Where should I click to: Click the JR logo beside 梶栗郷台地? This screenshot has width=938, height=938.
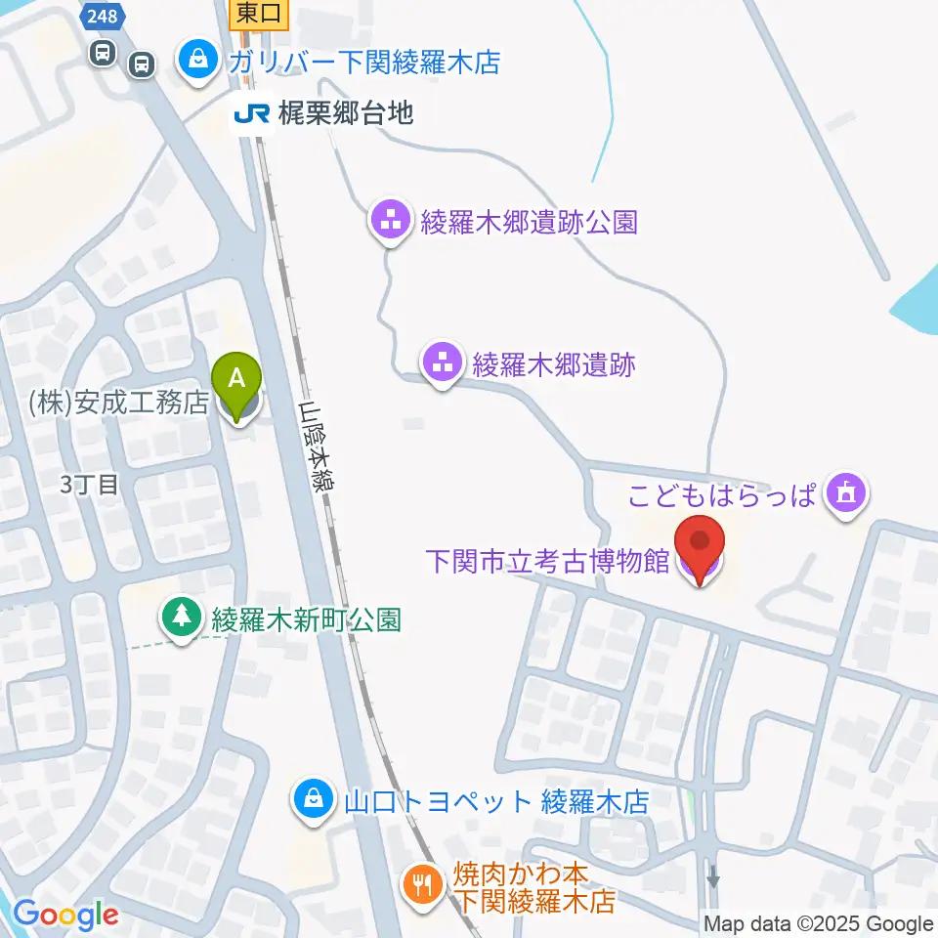pos(250,114)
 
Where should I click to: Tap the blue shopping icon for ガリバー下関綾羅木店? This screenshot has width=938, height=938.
pos(198,62)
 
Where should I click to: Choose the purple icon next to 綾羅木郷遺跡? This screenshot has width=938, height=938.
pos(443,363)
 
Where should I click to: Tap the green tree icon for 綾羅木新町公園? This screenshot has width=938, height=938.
pos(181,618)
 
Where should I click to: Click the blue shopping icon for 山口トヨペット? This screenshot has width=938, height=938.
pos(312,801)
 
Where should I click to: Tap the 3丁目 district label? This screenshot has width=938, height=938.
pos(88,484)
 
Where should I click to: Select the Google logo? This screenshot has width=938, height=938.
pos(65,915)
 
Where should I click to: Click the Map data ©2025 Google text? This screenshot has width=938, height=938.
pos(819,923)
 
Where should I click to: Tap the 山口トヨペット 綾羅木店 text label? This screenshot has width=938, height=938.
pos(496,802)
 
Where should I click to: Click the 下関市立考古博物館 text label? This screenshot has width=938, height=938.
pos(547,562)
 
